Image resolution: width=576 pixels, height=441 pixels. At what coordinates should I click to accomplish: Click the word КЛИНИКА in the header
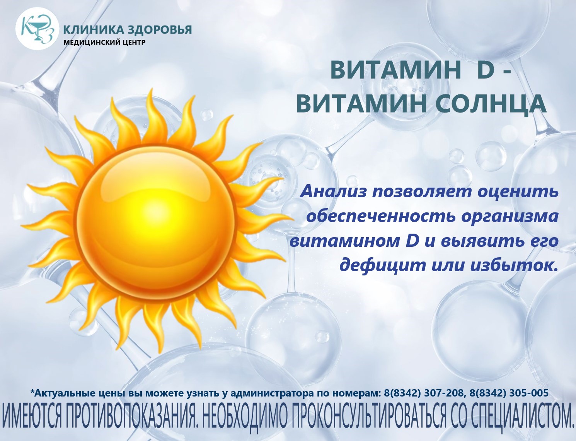[93, 30]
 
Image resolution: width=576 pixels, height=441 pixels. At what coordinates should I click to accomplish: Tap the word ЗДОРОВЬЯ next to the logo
[160, 30]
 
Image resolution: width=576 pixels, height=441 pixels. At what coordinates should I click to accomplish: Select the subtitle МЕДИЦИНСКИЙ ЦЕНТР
[104, 42]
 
